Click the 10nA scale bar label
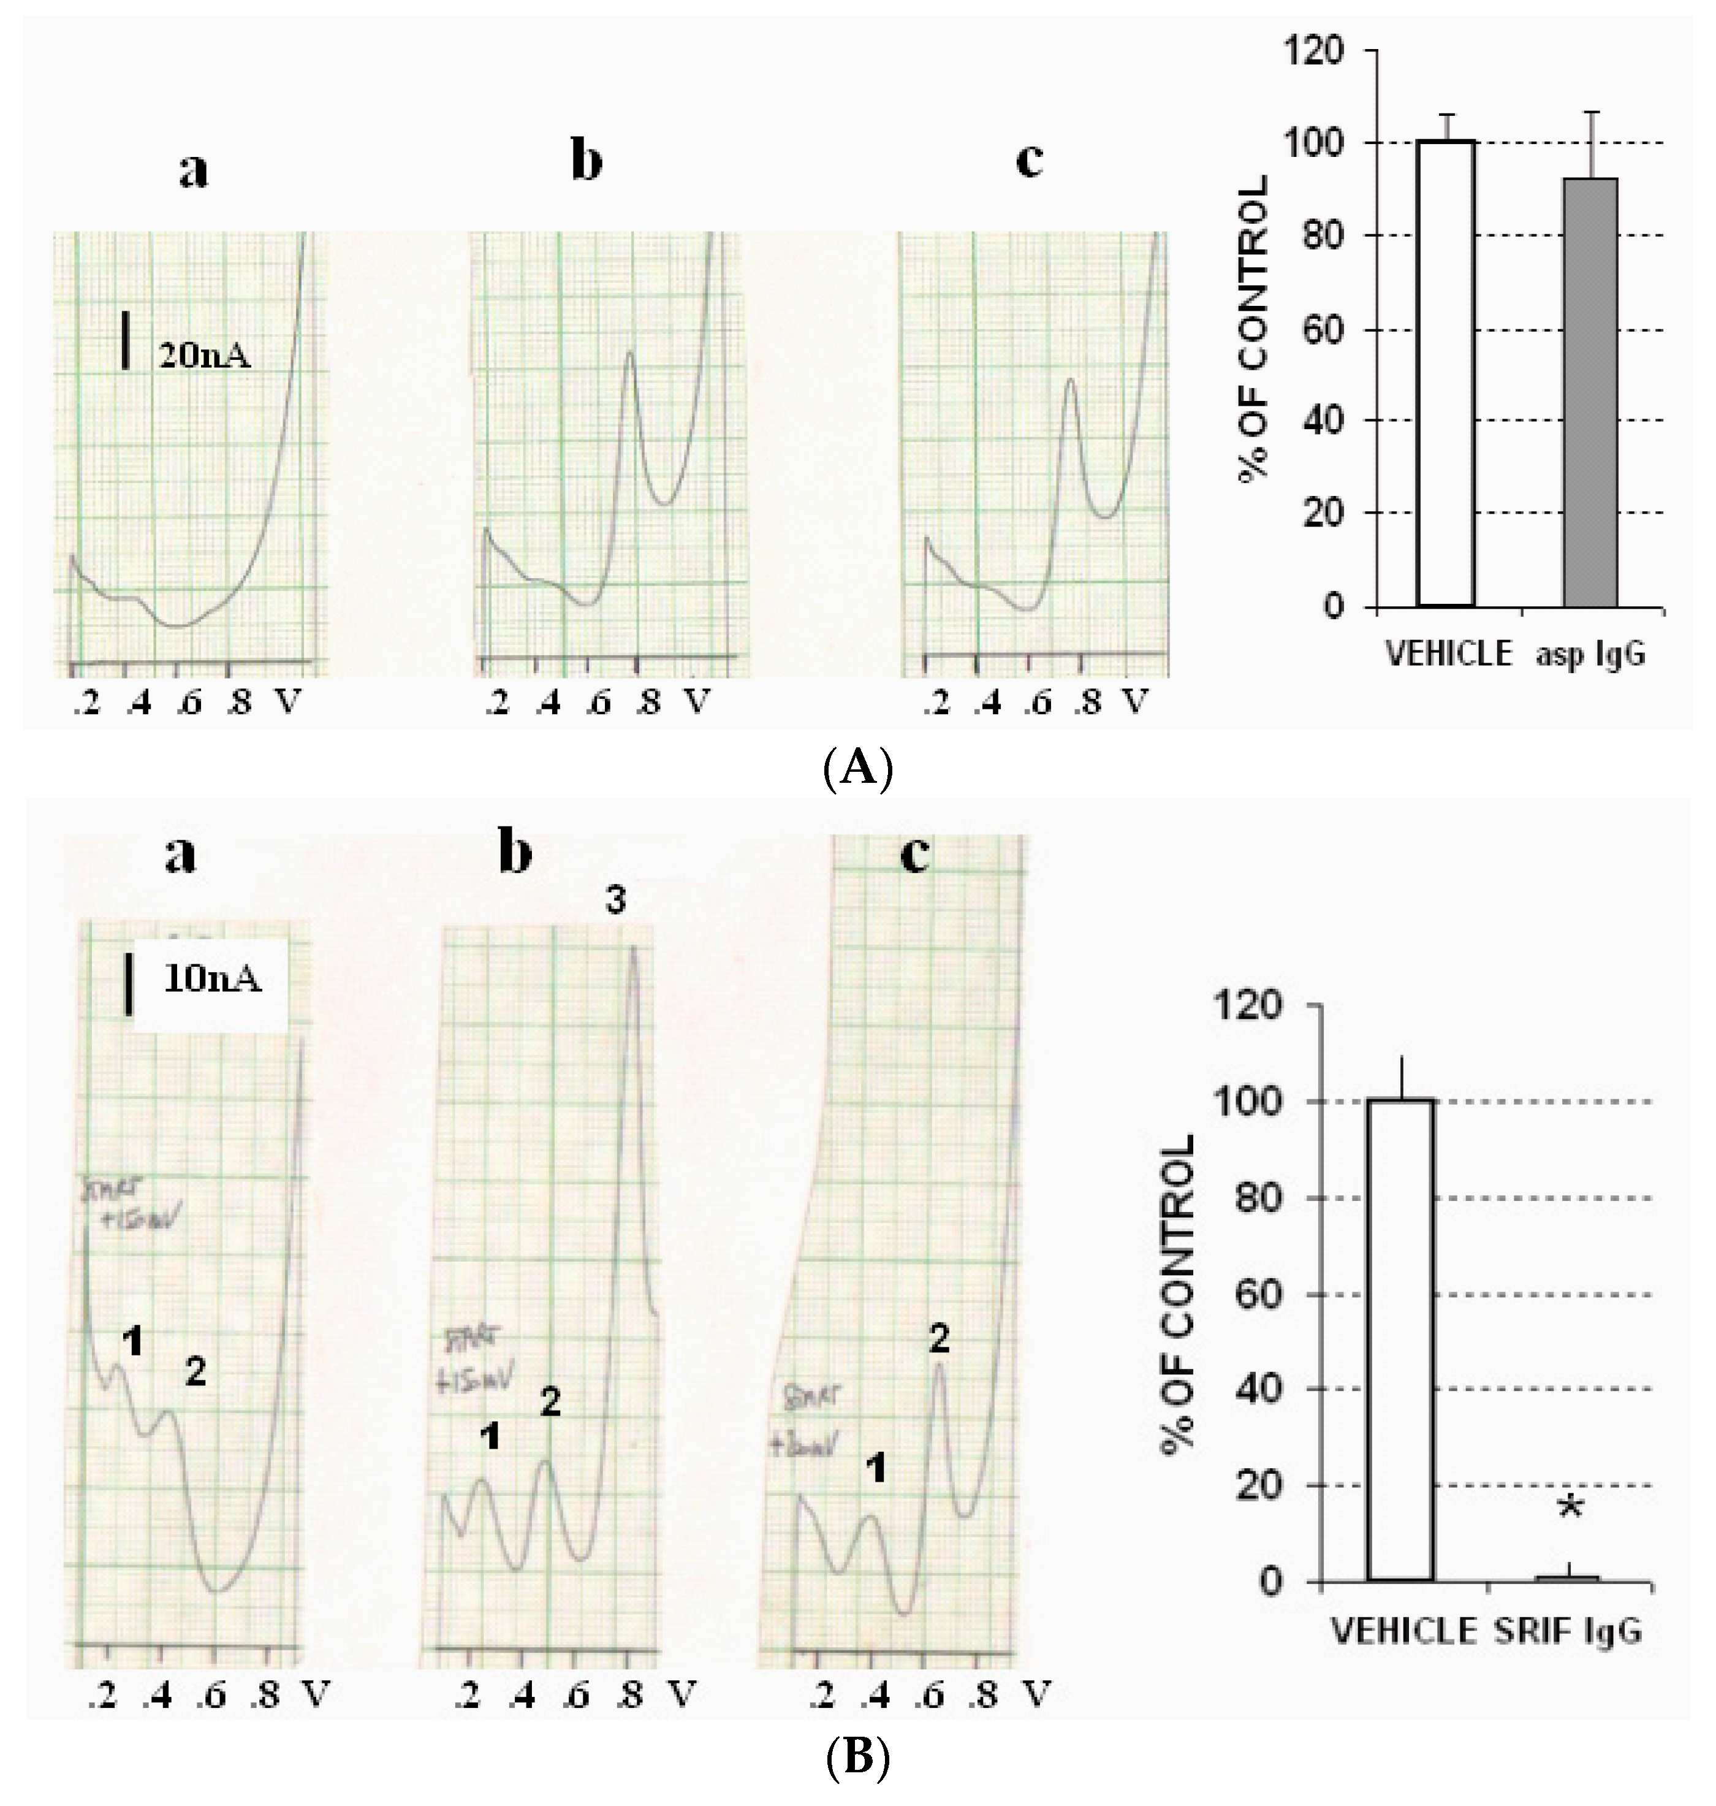(212, 980)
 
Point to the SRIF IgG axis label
(1569, 1631)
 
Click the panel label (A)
(857, 768)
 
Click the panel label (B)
(857, 1758)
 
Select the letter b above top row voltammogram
(587, 162)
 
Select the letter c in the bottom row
(915, 855)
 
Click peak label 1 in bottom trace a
(132, 1342)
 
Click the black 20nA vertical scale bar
(125, 340)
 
